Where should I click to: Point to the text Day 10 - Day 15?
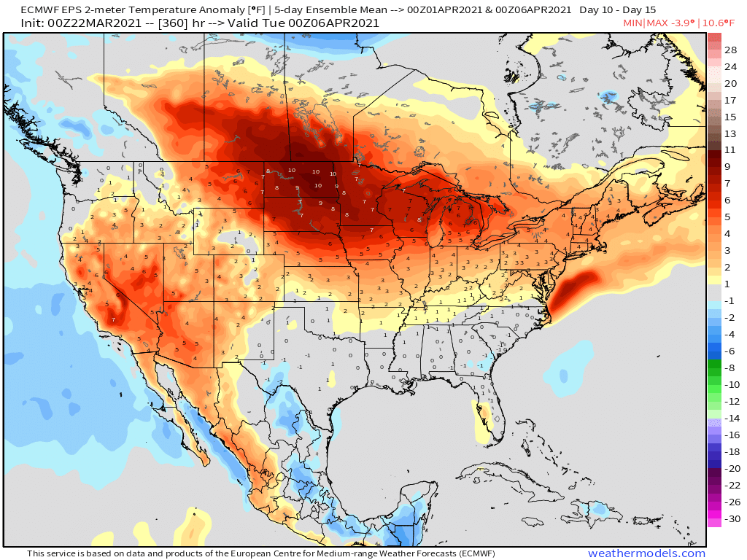point(618,10)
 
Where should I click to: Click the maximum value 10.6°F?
point(724,23)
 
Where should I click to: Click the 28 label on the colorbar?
point(730,50)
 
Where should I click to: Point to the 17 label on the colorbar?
point(730,100)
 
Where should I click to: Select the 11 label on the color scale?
point(730,149)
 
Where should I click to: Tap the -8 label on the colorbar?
point(730,367)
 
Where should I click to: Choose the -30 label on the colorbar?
point(730,519)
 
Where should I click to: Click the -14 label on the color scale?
point(730,418)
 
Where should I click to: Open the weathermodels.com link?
point(646,553)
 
